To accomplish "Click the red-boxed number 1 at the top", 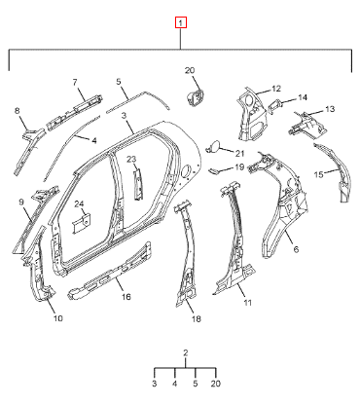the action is [x=181, y=22].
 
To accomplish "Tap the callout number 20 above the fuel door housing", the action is [x=190, y=70].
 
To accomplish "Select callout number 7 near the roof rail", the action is [x=75, y=83].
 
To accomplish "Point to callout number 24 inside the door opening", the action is [x=79, y=203].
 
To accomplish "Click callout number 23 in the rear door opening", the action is [x=131, y=159].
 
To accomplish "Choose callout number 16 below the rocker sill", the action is [x=126, y=296].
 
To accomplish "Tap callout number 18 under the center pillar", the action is [x=197, y=319].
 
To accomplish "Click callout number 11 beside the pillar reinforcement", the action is [x=247, y=303].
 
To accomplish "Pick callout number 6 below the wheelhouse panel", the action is [x=296, y=249].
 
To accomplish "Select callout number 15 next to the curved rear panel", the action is [x=319, y=175].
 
